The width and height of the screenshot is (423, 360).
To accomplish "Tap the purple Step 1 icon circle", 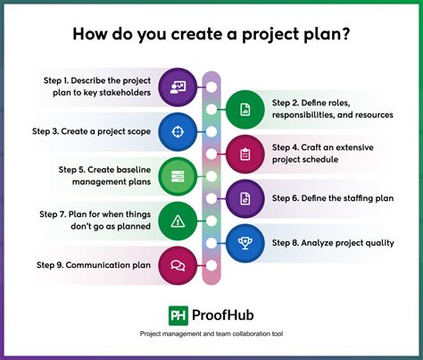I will tap(178, 88).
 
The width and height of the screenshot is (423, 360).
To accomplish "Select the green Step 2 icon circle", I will tap(245, 110).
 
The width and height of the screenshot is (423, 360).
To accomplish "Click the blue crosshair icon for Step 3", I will tap(178, 131).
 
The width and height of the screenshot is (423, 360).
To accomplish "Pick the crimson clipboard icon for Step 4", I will tap(245, 154).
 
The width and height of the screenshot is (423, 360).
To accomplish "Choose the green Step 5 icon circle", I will tap(178, 176).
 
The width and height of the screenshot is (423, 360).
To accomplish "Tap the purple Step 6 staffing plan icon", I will tap(245, 197).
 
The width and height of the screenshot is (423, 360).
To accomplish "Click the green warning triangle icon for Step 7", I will tap(178, 220).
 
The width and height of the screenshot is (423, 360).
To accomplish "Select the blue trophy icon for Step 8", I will tap(245, 241).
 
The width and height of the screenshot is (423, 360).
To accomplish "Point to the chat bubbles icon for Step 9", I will tap(178, 264).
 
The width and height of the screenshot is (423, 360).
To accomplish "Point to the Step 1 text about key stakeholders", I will tap(98, 88).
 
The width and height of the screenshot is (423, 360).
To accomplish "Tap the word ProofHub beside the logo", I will tap(224, 315).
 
